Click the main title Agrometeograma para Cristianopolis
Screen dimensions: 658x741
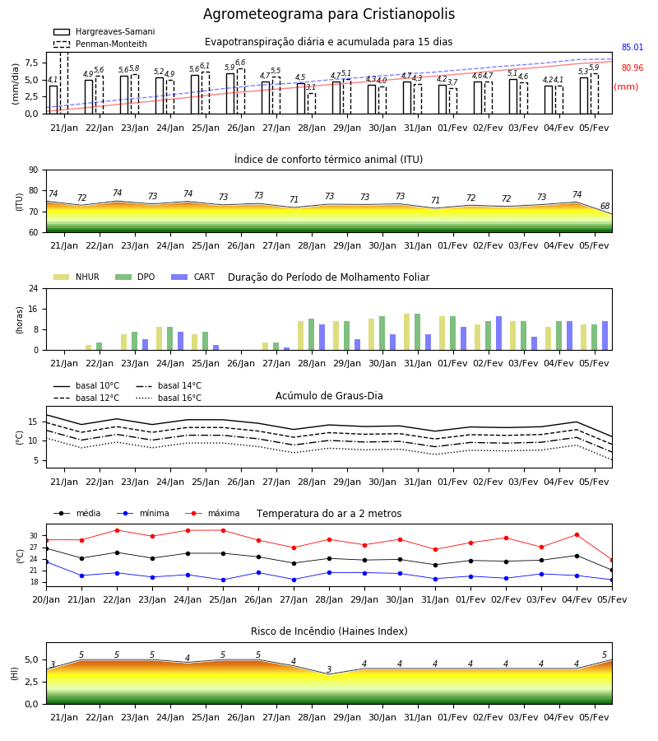329,14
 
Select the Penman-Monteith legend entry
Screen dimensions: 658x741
100,44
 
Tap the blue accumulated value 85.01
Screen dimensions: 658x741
633,47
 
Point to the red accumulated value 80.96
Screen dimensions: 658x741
633,68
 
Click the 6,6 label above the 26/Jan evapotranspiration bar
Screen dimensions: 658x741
240,63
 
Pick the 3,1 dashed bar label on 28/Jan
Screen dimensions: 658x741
311,87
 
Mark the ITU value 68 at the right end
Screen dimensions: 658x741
605,206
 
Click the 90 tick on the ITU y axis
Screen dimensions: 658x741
34,170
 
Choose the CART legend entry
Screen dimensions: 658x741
193,277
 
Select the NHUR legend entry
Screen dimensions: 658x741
76,277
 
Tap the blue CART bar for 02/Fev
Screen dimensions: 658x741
499,333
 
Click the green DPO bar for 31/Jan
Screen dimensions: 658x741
417,332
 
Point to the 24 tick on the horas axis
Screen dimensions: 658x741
34,288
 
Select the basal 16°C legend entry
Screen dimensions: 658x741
169,398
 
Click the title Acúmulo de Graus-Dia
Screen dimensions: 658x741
329,396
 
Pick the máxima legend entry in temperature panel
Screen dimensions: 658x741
212,513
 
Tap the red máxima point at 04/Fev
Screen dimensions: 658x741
577,535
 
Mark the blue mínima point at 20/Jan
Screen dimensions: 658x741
46,562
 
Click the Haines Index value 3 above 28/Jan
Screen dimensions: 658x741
329,669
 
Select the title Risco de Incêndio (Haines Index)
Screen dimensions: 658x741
329,631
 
